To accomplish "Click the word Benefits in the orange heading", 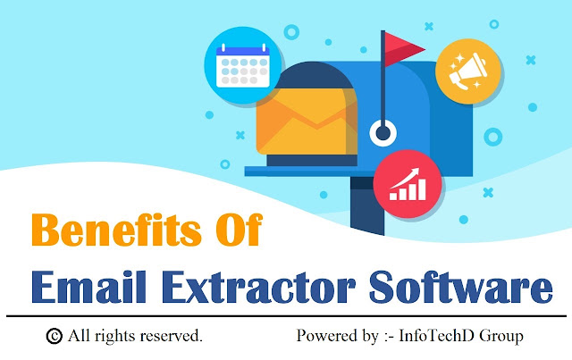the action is pyautogui.click(x=116, y=230).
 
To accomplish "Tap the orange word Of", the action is pyautogui.click(x=239, y=230).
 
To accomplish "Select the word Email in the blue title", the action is pyautogui.click(x=89, y=287).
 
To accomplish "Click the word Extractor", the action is pyautogui.click(x=258, y=287).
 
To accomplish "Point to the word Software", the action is pyautogui.click(x=461, y=287).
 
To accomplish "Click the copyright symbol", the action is pyautogui.click(x=55, y=336).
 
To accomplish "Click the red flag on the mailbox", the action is pyautogui.click(x=404, y=49).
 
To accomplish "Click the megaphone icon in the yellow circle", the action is pyautogui.click(x=468, y=71).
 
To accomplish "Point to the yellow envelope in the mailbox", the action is pyautogui.click(x=307, y=121).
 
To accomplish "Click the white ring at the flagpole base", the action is pyautogui.click(x=383, y=133).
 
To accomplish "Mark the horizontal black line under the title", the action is pyautogui.click(x=286, y=316).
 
